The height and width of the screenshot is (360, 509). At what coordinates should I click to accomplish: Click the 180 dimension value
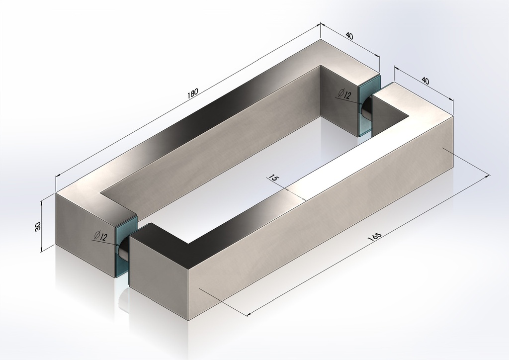pyautogui.click(x=192, y=93)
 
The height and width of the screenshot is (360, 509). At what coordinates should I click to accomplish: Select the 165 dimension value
pyautogui.click(x=374, y=237)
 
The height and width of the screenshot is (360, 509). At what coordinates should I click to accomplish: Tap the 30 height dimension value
pyautogui.click(x=37, y=227)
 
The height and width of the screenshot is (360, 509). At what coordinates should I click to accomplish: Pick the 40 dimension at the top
pyautogui.click(x=349, y=35)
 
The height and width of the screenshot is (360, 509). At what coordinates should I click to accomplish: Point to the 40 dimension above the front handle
pyautogui.click(x=424, y=81)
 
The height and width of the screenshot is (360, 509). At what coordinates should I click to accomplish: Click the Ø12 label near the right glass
pyautogui.click(x=344, y=94)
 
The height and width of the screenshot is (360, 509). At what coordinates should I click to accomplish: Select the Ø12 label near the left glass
pyautogui.click(x=100, y=236)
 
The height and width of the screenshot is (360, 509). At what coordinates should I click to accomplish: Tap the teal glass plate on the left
pyautogui.click(x=127, y=247)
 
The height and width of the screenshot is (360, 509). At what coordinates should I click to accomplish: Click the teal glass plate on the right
pyautogui.click(x=369, y=105)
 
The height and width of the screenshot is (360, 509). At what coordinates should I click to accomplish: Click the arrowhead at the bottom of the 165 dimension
pyautogui.click(x=249, y=314)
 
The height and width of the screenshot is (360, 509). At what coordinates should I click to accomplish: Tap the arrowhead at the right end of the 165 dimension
pyautogui.click(x=488, y=176)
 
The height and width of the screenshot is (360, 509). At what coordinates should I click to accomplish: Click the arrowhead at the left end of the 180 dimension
pyautogui.click(x=58, y=175)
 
